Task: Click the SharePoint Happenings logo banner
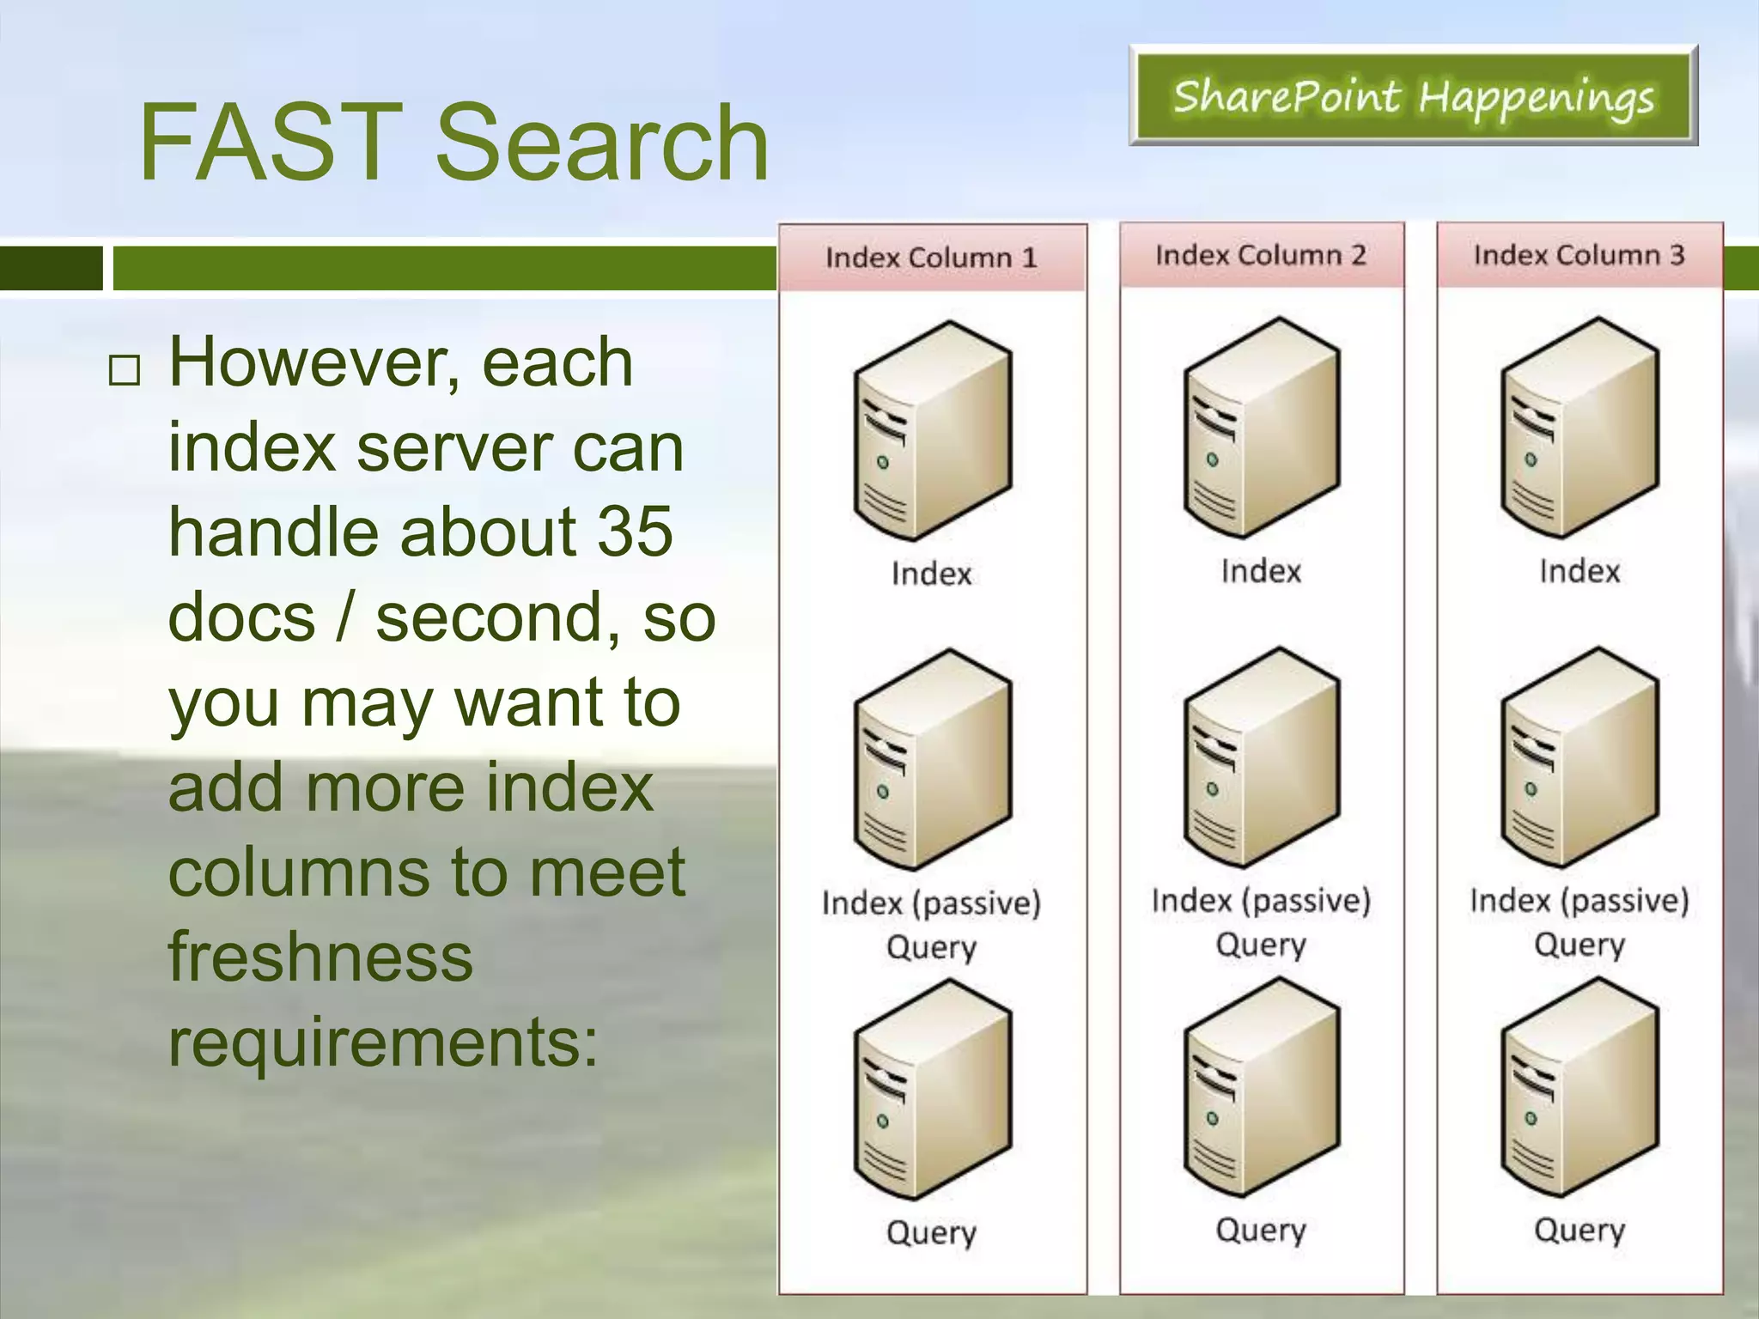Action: coord(1413,96)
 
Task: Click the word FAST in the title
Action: coord(271,143)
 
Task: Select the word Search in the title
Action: coord(601,143)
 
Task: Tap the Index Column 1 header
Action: coord(932,258)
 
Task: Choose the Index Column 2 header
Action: coord(1261,255)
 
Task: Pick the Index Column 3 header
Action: coord(1579,255)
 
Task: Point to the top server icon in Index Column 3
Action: coord(1579,429)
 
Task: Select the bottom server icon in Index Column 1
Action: coord(933,1090)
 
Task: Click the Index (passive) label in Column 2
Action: coord(1261,901)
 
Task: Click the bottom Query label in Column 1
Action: coord(932,1233)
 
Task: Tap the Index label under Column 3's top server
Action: coord(1579,571)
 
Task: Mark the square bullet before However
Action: coord(125,370)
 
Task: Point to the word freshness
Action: coord(320,957)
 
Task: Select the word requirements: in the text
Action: coord(383,1042)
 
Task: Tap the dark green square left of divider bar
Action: coord(50,268)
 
